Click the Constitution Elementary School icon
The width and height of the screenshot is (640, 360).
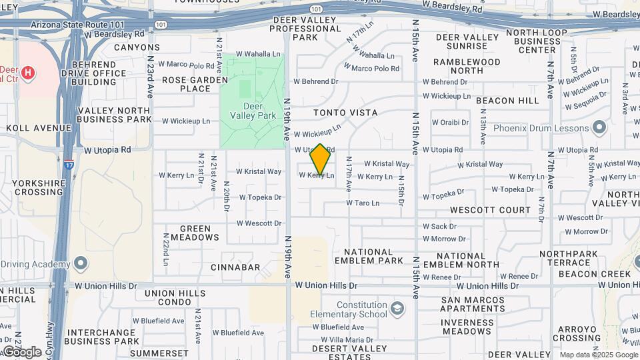pos(397,308)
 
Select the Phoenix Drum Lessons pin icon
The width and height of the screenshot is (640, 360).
pos(599,127)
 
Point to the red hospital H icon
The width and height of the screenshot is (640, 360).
pos(27,73)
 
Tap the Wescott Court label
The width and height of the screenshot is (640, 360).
pos(490,210)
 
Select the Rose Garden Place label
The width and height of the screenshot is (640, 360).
pos(186,84)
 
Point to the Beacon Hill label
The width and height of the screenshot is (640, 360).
pos(508,101)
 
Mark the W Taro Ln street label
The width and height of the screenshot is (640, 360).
pos(363,203)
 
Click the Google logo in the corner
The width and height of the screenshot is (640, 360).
pos(22,351)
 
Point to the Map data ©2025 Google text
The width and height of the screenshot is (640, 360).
pos(598,355)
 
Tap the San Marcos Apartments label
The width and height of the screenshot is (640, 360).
pos(473,304)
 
